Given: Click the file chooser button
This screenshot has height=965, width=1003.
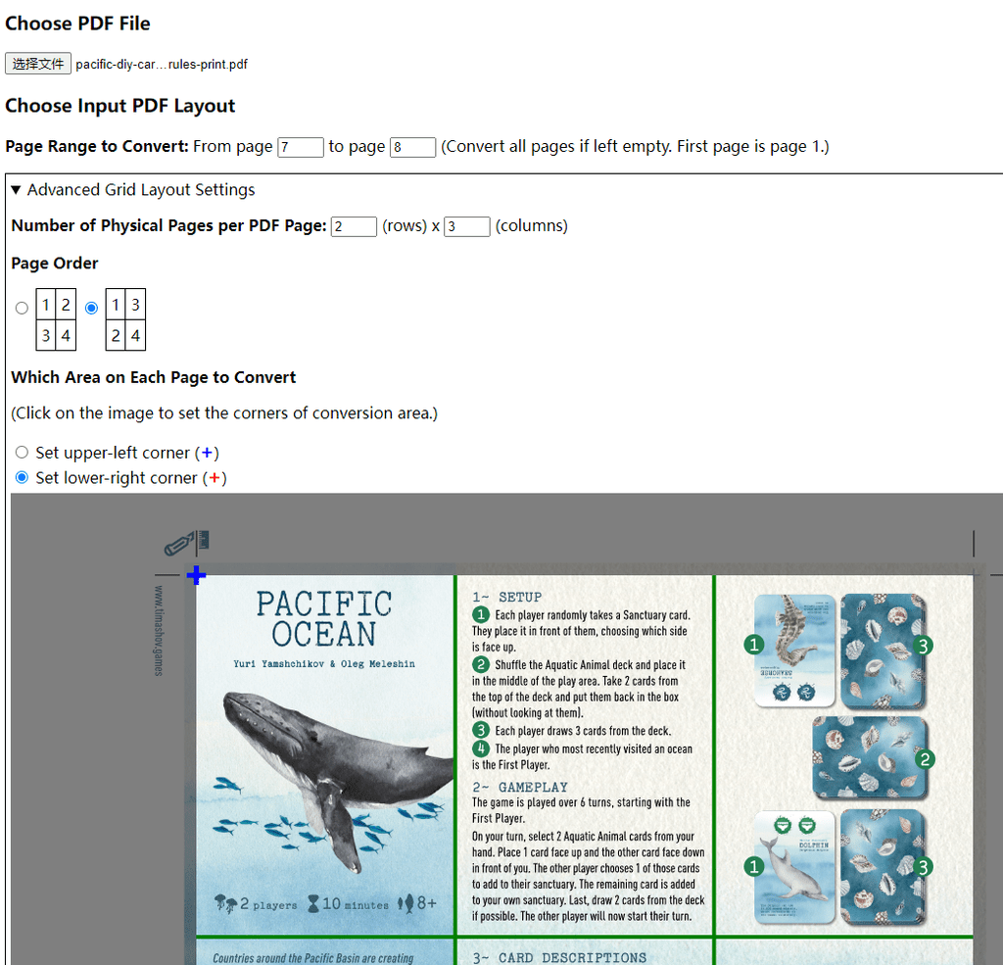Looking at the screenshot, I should tap(38, 64).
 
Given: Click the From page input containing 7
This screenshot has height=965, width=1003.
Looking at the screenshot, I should tap(301, 147).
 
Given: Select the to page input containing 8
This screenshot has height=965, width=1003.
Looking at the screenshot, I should tap(412, 147).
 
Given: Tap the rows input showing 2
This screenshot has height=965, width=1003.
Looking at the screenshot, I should tap(354, 226).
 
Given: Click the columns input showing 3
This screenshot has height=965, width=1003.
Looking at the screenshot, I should tap(466, 226).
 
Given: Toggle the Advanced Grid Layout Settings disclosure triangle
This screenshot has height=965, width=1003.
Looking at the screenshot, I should tap(16, 190).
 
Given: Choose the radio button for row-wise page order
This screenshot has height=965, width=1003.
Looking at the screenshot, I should tap(22, 308).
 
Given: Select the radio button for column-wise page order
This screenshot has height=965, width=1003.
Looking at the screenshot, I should tap(92, 308).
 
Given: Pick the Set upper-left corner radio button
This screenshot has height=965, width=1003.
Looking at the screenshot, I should tap(23, 453).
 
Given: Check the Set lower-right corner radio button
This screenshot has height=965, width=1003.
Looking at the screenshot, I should tap(23, 478).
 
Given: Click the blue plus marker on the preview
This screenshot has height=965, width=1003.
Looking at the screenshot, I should tap(196, 575).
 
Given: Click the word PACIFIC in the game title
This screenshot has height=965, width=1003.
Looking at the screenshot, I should tap(324, 603).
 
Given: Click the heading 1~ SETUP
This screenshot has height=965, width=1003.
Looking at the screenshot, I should tap(506, 597).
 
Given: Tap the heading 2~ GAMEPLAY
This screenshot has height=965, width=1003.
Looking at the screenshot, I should tap(519, 787).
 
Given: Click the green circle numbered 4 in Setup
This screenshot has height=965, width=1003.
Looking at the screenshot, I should tap(481, 748).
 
